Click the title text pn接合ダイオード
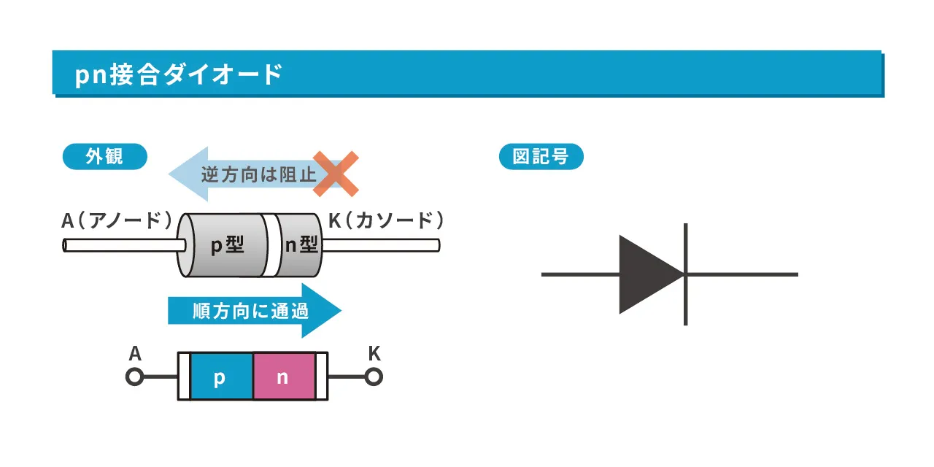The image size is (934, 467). [x=178, y=75]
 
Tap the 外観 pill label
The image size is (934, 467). [x=105, y=157]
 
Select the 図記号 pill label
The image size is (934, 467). [x=541, y=157]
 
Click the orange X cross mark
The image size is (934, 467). [x=336, y=174]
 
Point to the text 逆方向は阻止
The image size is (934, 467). [x=258, y=175]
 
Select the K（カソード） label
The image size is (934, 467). [x=386, y=220]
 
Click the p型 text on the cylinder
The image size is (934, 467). [x=227, y=245]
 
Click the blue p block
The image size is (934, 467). [x=220, y=377]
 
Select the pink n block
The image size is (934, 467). [x=283, y=377]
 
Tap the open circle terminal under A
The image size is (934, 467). [x=134, y=377]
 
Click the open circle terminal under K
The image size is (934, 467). [x=374, y=377]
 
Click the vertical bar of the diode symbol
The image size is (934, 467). [x=685, y=274]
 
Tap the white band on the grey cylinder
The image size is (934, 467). [x=271, y=245]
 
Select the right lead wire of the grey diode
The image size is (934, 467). [x=379, y=245]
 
